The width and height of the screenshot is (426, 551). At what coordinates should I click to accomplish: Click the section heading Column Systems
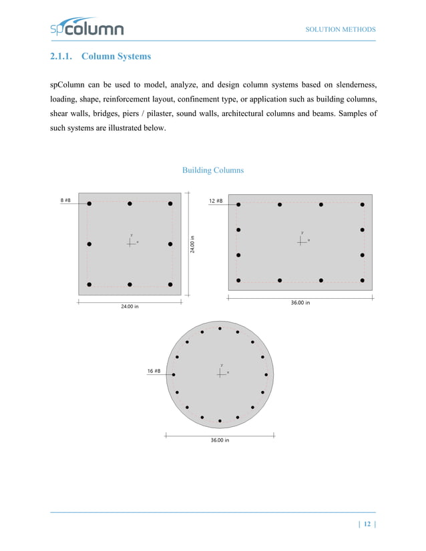tap(116, 57)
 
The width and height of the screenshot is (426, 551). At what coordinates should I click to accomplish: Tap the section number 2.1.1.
tap(62, 57)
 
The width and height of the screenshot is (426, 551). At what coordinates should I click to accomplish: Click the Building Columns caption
tap(213, 170)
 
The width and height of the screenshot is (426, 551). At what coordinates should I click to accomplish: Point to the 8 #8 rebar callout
tap(65, 200)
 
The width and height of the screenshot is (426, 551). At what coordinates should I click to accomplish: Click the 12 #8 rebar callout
tap(216, 201)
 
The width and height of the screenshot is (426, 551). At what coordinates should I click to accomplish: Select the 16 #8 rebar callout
tap(154, 370)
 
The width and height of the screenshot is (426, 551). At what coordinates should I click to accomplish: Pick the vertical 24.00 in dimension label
tap(192, 243)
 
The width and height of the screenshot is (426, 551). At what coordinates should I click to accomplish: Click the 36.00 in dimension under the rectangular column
tap(300, 302)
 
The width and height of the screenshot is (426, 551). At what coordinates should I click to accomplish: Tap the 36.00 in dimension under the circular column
tap(220, 440)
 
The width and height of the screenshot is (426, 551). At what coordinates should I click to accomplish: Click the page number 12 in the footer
tap(367, 525)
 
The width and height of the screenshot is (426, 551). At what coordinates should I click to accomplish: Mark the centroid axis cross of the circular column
tap(220, 373)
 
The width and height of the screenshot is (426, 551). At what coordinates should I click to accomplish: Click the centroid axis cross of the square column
tap(130, 243)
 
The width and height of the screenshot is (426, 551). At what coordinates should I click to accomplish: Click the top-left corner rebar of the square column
tap(89, 203)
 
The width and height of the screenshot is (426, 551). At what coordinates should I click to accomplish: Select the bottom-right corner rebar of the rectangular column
tap(362, 280)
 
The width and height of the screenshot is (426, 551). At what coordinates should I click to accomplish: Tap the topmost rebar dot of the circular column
tap(220, 329)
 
